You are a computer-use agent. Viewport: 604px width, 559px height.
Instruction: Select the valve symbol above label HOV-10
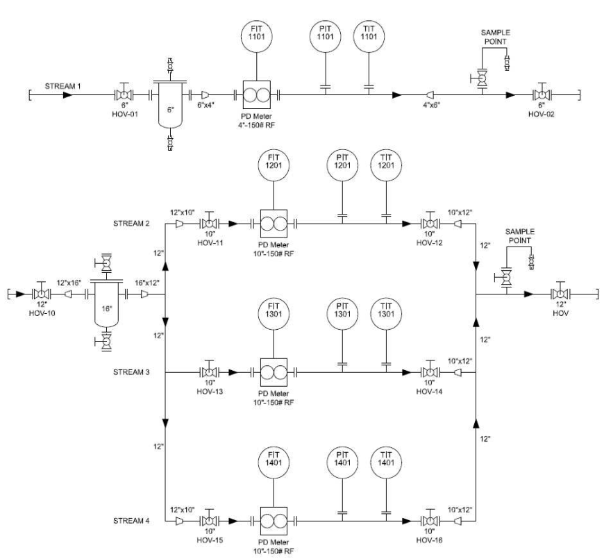pos(42,293)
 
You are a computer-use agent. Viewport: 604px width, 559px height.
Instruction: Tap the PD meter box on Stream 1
pos(257,94)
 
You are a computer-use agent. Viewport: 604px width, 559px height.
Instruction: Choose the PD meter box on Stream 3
pos(274,372)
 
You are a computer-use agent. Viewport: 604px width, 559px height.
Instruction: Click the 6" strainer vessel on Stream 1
pos(170,104)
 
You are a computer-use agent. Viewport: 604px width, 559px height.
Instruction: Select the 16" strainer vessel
pos(107,303)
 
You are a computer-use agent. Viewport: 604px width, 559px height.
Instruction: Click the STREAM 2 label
pos(131,224)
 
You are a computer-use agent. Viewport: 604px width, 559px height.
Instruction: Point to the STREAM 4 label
pos(131,521)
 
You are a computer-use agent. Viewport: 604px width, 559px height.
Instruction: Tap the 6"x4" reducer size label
pos(205,105)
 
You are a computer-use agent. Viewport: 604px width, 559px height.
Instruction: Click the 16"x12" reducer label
pos(146,283)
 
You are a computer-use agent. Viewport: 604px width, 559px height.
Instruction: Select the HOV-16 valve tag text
pos(430,540)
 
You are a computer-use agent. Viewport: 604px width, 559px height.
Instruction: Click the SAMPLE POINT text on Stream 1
pos(496,37)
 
